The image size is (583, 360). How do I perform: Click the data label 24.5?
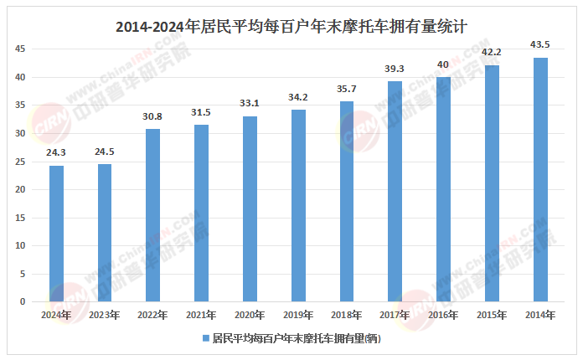coord(105,152)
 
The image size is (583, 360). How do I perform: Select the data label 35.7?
coord(347,90)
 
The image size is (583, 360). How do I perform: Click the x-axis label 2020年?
coord(250,315)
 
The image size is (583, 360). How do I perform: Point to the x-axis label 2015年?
coord(493,315)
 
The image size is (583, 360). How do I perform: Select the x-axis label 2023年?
coord(105,315)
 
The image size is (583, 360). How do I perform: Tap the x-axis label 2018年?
coord(347,315)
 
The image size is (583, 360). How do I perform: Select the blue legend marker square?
coord(204,340)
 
